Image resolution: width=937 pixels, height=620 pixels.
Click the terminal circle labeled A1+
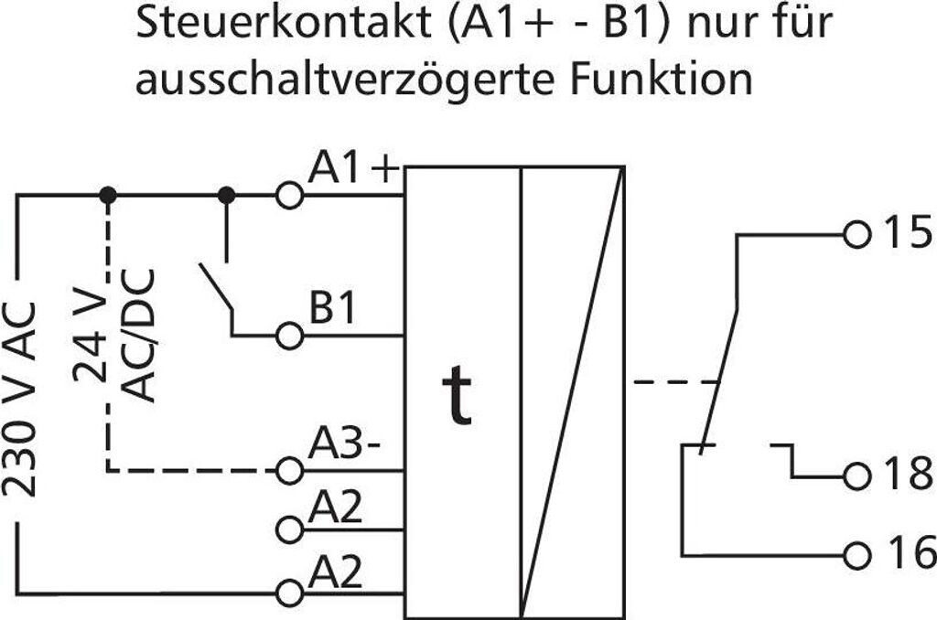(289, 196)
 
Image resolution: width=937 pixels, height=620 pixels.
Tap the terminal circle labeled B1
(289, 336)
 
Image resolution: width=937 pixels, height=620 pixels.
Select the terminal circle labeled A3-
(289, 471)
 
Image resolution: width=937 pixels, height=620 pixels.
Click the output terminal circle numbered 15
(856, 234)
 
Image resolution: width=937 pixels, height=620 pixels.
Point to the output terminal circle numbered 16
(856, 554)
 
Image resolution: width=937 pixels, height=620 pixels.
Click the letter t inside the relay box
(457, 397)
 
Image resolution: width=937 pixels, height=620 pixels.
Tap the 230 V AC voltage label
(22, 398)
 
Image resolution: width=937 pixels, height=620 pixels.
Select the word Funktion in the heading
(662, 80)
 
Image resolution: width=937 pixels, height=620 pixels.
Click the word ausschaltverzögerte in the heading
(349, 80)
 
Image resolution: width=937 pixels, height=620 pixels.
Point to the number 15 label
(904, 234)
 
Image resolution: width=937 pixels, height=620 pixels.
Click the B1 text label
(331, 309)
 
